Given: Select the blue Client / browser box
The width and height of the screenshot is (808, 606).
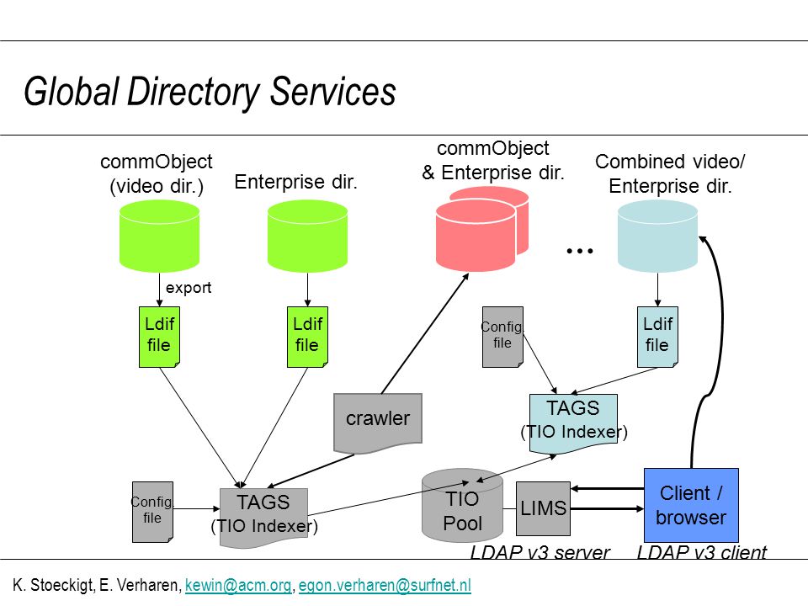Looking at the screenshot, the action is (691, 505).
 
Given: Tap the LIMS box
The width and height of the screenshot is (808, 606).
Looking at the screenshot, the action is (543, 508).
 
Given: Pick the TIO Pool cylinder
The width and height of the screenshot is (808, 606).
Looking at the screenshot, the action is (462, 505).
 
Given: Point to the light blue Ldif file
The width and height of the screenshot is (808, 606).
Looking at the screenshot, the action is (657, 337).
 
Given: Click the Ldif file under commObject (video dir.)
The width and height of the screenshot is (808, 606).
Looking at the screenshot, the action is (159, 337).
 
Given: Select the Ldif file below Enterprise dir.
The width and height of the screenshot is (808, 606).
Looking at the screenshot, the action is (307, 337).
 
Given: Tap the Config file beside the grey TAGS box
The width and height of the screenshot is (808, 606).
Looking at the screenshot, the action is (152, 512).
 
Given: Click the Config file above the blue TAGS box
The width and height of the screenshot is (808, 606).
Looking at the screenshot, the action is (502, 337).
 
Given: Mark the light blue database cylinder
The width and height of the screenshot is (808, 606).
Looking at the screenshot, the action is (657, 236).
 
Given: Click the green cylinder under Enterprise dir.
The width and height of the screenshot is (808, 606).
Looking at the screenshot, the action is (307, 236).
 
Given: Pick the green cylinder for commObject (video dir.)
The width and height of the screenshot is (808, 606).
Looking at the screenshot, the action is (159, 236).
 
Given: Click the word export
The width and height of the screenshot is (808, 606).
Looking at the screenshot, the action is (188, 288).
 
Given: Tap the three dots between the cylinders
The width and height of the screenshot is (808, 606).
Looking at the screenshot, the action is (580, 251).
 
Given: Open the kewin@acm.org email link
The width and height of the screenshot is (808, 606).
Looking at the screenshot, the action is (238, 586).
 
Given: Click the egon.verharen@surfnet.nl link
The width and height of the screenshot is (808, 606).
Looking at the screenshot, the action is (385, 586).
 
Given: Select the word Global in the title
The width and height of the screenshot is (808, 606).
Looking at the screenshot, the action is (72, 91).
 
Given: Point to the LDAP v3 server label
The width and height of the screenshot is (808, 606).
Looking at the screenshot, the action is (540, 552).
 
